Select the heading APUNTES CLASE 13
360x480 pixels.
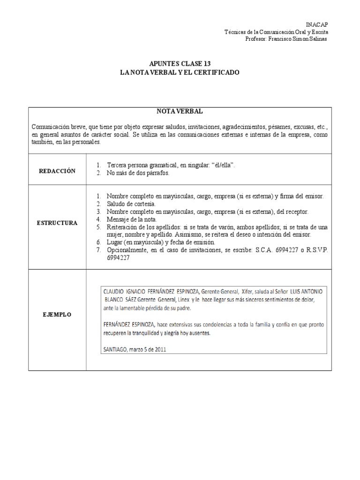(x=180, y=64)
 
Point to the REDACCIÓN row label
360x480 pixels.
(x=57, y=172)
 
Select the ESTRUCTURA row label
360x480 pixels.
(x=57, y=223)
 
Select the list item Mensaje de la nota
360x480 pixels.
(x=133, y=219)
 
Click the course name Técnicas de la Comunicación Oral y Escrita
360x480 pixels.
(x=277, y=31)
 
